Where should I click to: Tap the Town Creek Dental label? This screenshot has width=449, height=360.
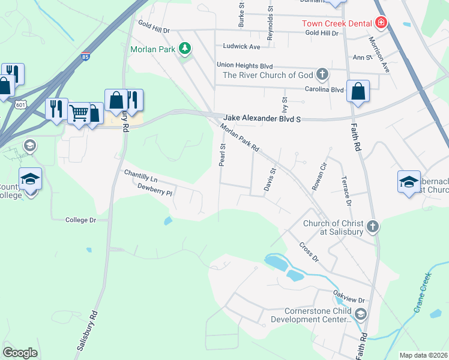pyautogui.click(x=337, y=23)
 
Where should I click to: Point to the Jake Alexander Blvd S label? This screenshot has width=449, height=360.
pyautogui.click(x=261, y=119)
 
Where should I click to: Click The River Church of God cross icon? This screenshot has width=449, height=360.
pyautogui.click(x=322, y=74)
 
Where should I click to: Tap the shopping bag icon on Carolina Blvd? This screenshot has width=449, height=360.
pyautogui.click(x=358, y=91)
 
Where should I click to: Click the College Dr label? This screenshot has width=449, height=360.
pyautogui.click(x=80, y=220)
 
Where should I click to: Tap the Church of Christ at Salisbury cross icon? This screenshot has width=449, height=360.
pyautogui.click(x=373, y=226)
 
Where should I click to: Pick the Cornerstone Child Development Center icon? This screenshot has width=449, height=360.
pyautogui.click(x=360, y=313)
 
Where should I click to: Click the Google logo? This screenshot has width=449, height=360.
pyautogui.click(x=20, y=353)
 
